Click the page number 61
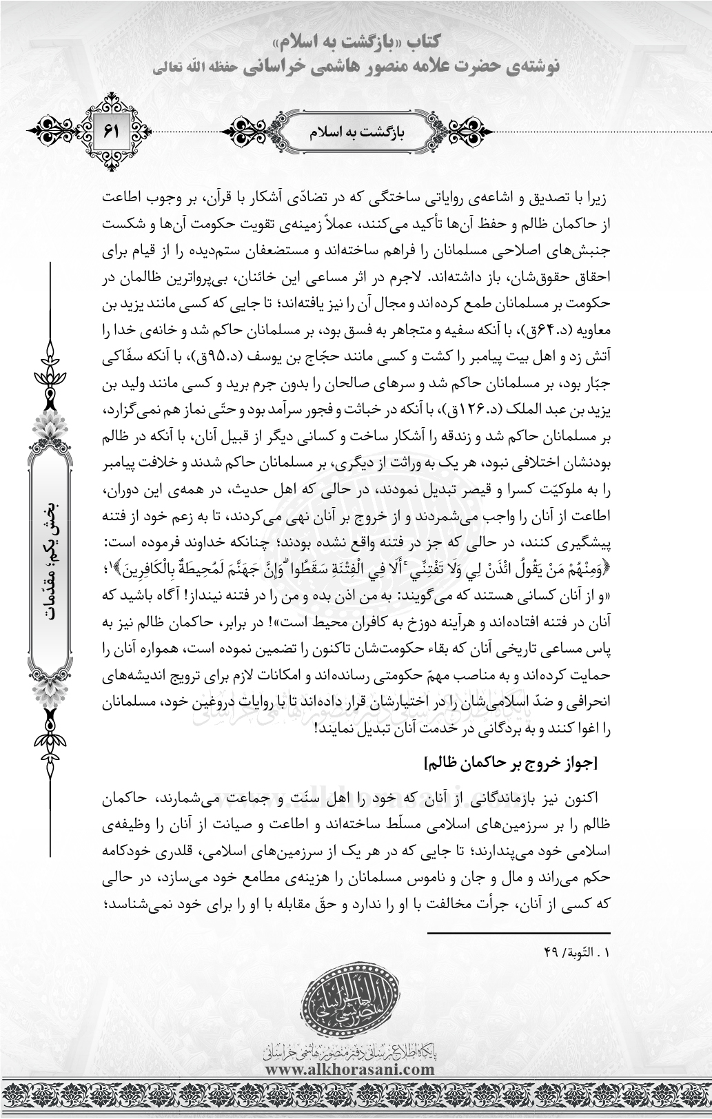pos(112,130)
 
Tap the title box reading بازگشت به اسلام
pos(355,130)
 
